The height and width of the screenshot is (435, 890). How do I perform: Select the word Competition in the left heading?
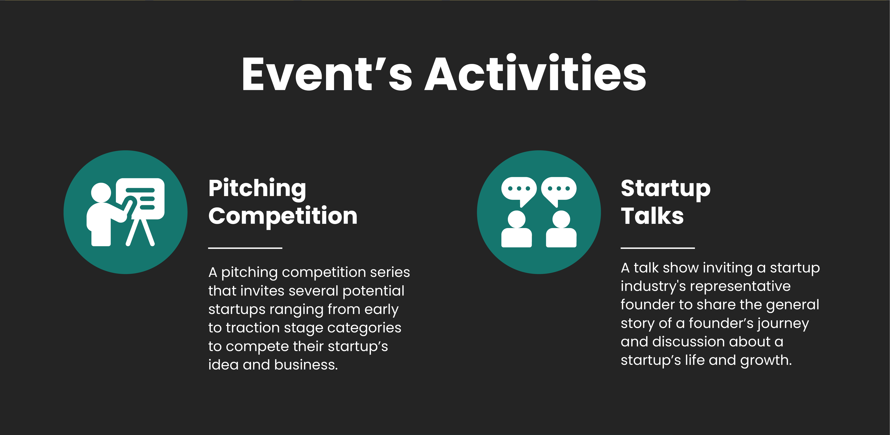point(283,216)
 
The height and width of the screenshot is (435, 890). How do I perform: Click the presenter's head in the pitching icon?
point(101,193)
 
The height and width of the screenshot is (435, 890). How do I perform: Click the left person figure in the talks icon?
point(517,229)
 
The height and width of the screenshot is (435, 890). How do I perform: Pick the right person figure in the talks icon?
point(561,229)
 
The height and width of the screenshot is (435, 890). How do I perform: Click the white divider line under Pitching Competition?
point(245,248)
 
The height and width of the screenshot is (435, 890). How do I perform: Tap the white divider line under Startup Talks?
point(658,248)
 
